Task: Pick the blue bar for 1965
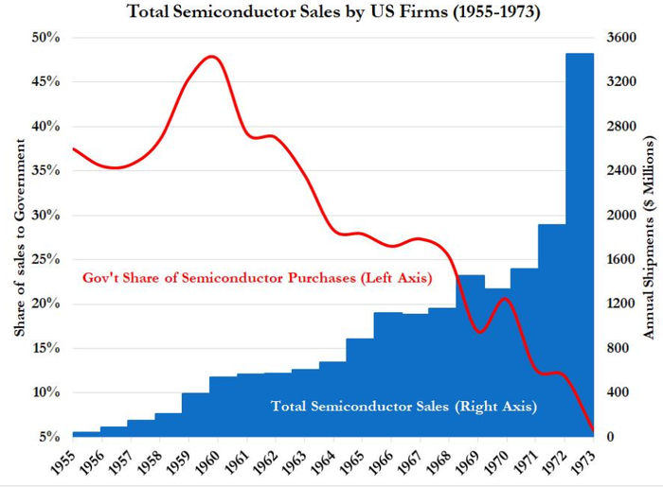tap(360, 388)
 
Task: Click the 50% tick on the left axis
tap(46, 38)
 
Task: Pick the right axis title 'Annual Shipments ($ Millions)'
tap(650, 236)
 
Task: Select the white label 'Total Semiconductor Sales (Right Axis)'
tap(404, 407)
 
